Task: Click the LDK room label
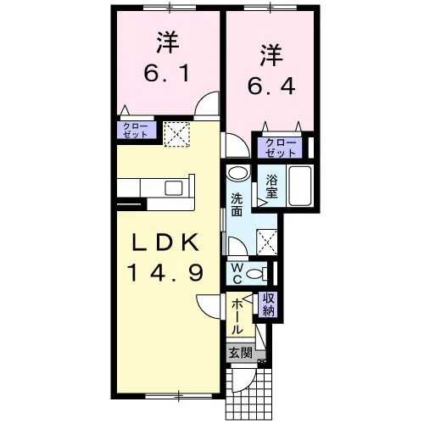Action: tap(165, 243)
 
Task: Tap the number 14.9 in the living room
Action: tap(165, 272)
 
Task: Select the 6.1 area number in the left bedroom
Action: tap(167, 73)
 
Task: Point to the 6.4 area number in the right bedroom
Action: tap(271, 86)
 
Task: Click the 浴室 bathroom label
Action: tap(271, 187)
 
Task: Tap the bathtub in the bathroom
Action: tap(300, 186)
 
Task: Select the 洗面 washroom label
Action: tap(237, 204)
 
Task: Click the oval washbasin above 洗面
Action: tap(238, 173)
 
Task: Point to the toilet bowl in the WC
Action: tap(254, 274)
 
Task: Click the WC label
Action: tap(237, 274)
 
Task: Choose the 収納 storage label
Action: tap(269, 304)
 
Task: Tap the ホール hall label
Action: tap(237, 316)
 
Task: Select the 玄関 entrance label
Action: tap(240, 353)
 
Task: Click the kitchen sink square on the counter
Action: tap(174, 188)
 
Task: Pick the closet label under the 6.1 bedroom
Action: tap(136, 131)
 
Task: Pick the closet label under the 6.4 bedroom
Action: tap(281, 148)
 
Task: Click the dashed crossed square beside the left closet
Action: tap(176, 134)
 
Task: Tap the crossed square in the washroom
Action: tap(267, 243)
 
